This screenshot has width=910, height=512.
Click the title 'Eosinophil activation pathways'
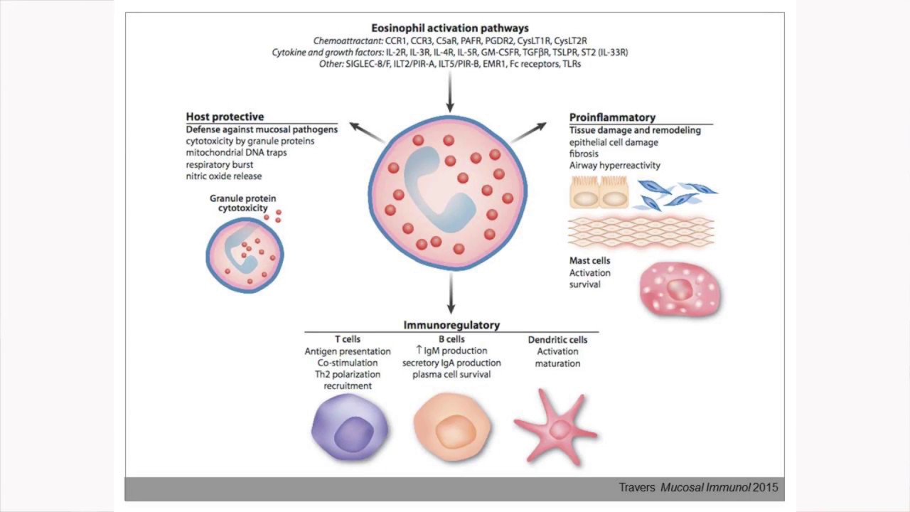coord(450,28)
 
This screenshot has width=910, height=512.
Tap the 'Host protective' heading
coord(225,117)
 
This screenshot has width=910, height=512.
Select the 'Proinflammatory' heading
coord(612,117)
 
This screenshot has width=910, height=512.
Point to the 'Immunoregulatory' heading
coord(451,325)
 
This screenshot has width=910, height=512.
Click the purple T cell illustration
coord(350,427)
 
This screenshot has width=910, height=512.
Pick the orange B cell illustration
coord(452,427)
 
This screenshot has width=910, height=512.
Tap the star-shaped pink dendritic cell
coord(556,428)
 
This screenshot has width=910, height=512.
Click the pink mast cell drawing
coord(680,289)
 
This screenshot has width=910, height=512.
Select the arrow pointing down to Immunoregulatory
coord(451,294)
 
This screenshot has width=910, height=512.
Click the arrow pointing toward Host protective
coord(368,132)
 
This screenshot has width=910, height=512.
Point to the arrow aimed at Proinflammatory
coord(528,132)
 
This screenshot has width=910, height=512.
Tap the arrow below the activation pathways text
coord(450,92)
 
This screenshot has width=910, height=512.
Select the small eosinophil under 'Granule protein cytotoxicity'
coord(245,255)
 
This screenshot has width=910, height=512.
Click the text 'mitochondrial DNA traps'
coord(236,153)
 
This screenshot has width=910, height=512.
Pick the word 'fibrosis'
coord(584,154)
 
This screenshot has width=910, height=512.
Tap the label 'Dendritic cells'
coord(557,340)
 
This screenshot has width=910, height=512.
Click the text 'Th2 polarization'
coord(348,374)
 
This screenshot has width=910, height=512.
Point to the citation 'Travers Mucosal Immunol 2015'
coord(698,487)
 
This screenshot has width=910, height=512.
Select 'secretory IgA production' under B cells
coord(451,363)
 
